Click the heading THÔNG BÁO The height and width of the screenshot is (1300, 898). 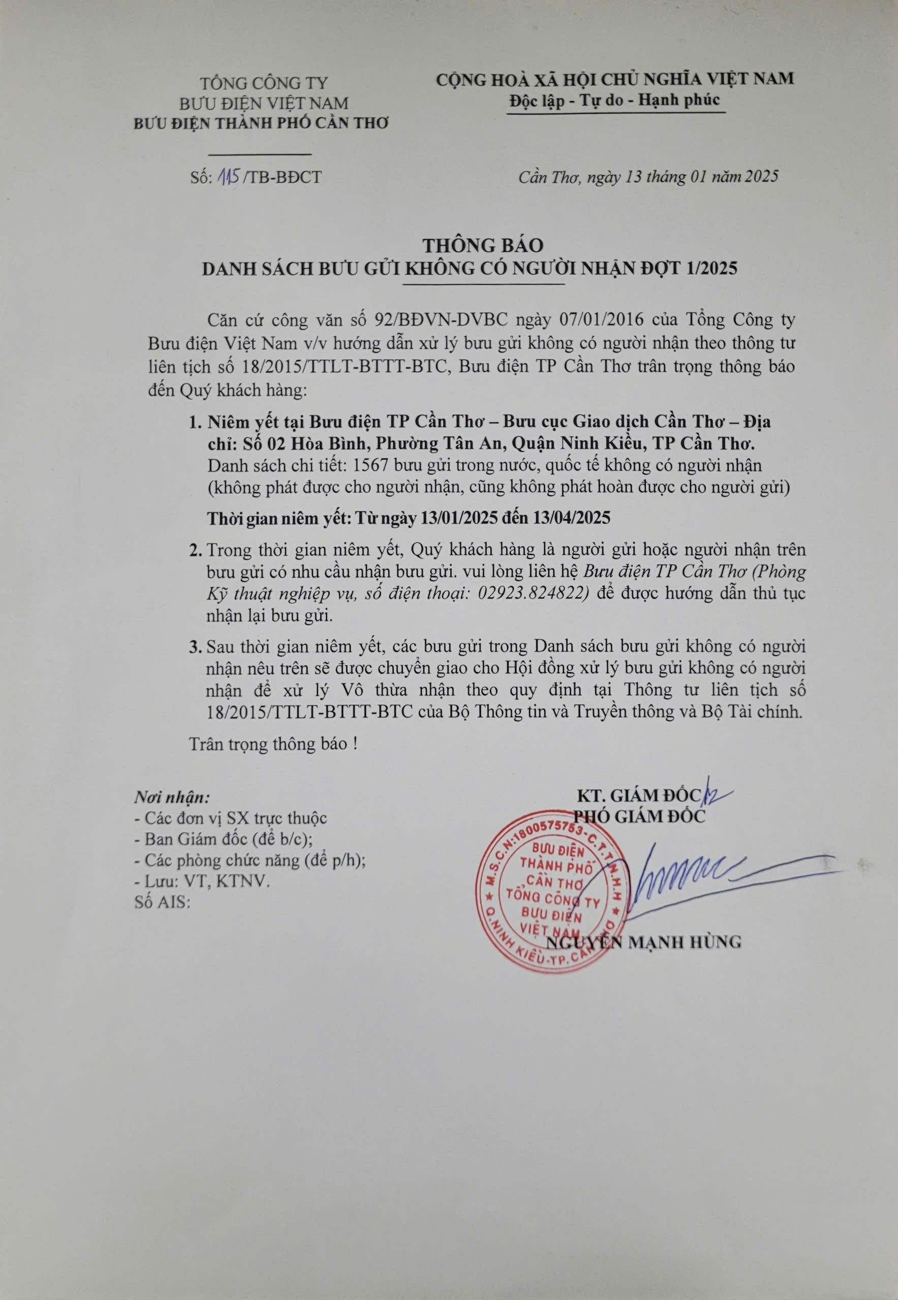click(483, 245)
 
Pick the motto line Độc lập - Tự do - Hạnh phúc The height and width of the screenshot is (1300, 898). click(614, 100)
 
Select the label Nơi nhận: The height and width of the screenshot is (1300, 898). click(172, 797)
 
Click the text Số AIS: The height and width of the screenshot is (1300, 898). click(163, 902)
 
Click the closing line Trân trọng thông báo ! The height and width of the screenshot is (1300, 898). click(273, 744)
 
